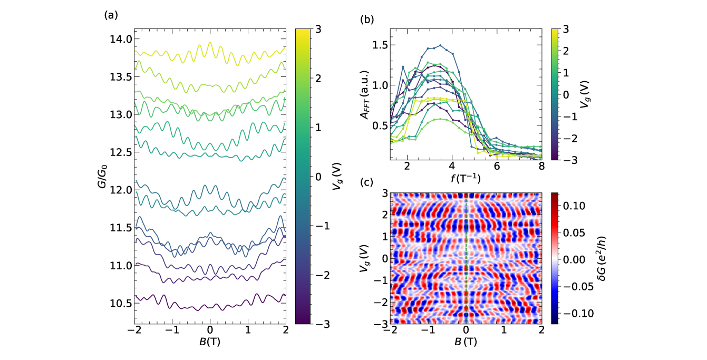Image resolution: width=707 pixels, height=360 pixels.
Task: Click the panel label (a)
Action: (x=110, y=15)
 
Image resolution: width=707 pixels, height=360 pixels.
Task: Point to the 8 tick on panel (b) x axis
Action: (x=541, y=167)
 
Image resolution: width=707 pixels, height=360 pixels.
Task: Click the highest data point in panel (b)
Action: (x=440, y=45)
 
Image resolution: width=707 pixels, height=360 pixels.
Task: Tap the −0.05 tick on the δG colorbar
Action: (x=572, y=286)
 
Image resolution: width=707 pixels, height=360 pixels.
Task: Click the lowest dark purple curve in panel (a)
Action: (x=210, y=306)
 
